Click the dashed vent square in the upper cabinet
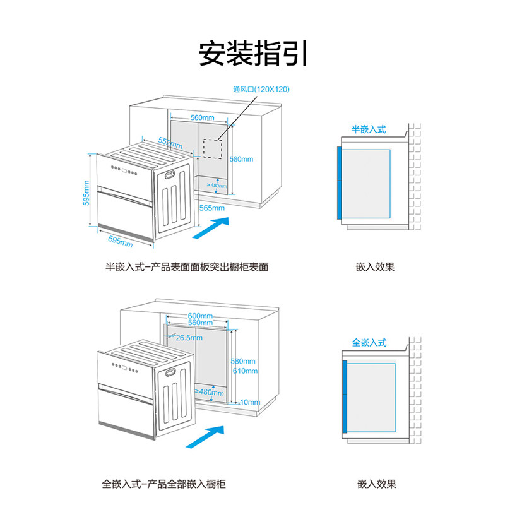pyautogui.click(x=214, y=148)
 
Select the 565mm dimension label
pyautogui.click(x=212, y=208)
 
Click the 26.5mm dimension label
pyautogui.click(x=189, y=338)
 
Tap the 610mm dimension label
pyautogui.click(x=245, y=371)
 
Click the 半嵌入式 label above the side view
pyautogui.click(x=369, y=129)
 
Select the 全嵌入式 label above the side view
pyautogui.click(x=369, y=343)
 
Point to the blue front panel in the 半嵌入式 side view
pyautogui.click(x=339, y=183)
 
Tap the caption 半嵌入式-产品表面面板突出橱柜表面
pyautogui.click(x=187, y=267)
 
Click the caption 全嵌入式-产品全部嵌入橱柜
pyautogui.click(x=164, y=485)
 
